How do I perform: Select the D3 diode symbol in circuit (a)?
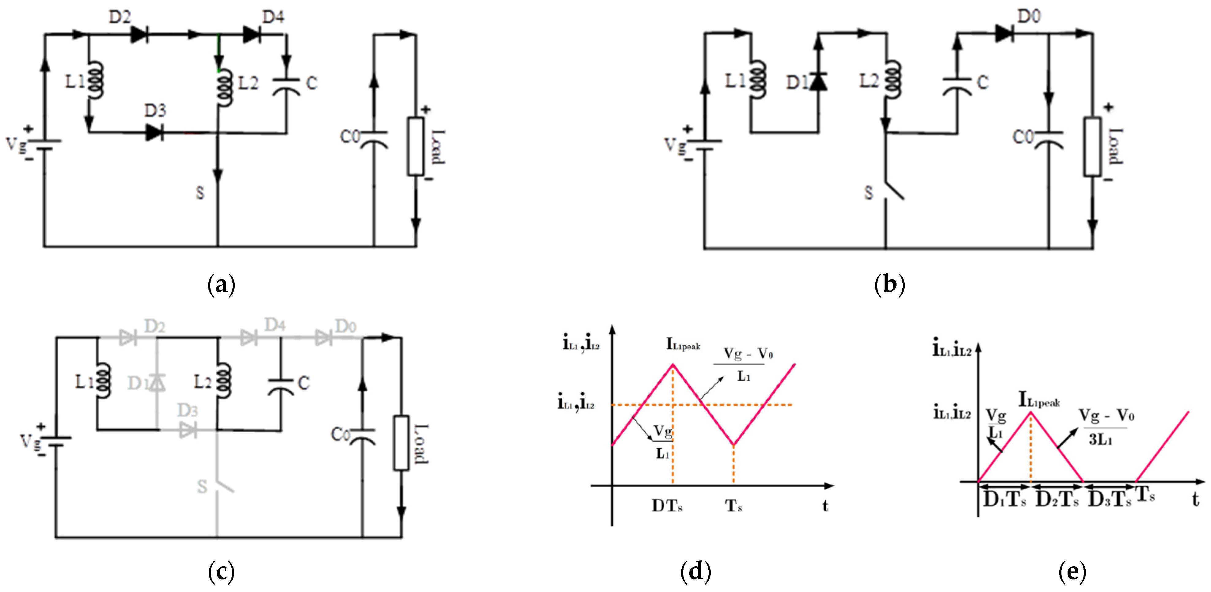click(x=154, y=132)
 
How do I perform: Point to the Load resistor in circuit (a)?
click(x=416, y=146)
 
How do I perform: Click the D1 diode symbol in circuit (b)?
click(x=818, y=82)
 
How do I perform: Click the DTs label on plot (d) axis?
click(x=667, y=506)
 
